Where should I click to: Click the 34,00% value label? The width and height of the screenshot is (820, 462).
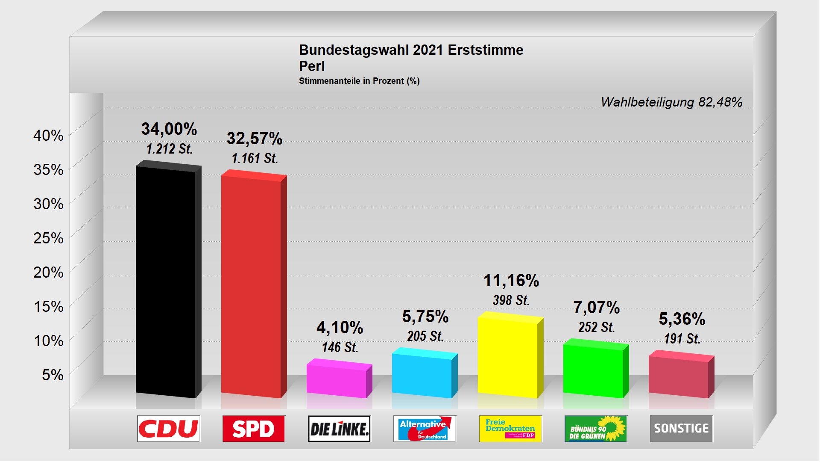[169, 129]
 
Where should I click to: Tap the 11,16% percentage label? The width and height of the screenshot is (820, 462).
[511, 281]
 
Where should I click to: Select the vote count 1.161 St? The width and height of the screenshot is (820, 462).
[255, 158]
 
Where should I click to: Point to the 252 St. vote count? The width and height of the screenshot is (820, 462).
[596, 327]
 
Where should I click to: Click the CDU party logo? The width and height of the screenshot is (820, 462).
[169, 429]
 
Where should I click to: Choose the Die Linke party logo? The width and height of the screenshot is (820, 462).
[340, 429]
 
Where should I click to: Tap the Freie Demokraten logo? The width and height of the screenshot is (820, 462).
[510, 429]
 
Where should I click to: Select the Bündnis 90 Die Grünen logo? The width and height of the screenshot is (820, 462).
[596, 429]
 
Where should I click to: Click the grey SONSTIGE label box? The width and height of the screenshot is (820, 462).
[681, 429]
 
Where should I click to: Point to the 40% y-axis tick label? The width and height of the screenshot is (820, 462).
[48, 136]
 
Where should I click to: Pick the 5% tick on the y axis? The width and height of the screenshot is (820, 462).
[53, 375]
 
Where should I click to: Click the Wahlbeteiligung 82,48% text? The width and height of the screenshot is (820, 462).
[671, 102]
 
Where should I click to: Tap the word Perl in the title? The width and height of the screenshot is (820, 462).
[312, 66]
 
